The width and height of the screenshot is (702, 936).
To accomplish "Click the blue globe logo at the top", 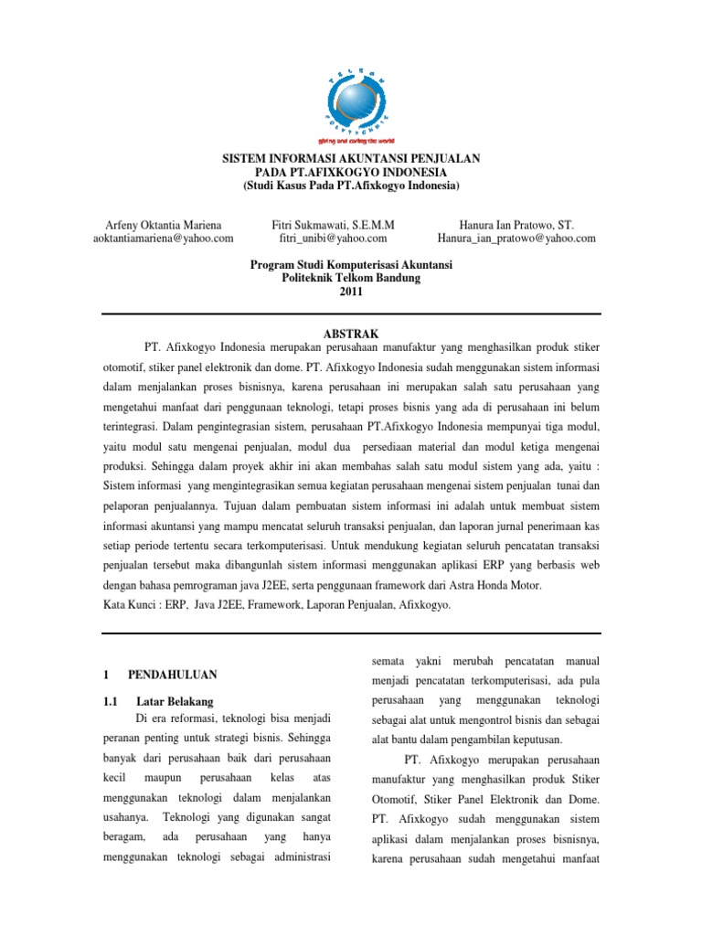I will [351, 90].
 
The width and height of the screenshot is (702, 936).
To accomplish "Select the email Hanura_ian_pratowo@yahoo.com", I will [516, 239].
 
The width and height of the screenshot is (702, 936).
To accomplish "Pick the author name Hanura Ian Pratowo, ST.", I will [516, 224].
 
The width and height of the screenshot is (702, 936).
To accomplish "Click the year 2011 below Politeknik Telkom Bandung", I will [351, 292].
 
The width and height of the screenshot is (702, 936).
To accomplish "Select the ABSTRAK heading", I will [351, 335].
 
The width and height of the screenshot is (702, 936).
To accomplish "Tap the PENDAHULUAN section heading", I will [171, 675].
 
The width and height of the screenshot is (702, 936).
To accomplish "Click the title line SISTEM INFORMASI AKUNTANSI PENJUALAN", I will [351, 159].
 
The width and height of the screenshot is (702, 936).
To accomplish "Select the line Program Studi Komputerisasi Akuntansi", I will [351, 265].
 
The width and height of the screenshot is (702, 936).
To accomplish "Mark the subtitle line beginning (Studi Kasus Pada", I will [351, 186].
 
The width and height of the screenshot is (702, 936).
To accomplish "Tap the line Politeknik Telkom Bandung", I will [351, 279].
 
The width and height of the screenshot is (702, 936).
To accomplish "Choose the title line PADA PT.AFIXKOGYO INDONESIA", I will [351, 173].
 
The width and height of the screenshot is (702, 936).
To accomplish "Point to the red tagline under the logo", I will [352, 143].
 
